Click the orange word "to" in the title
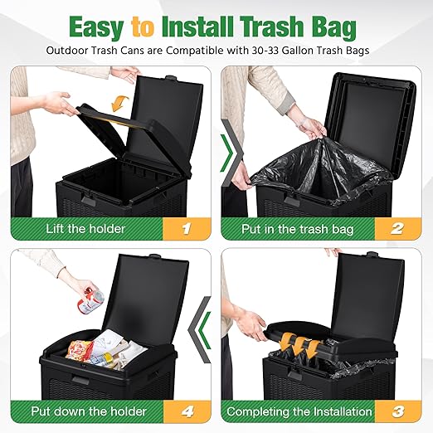click(x=143, y=27)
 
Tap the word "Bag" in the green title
click(x=333, y=27)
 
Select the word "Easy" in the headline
click(x=96, y=28)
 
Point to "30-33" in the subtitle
click(x=265, y=51)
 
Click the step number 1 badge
click(x=187, y=229)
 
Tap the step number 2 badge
click(x=397, y=229)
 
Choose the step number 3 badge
click(x=398, y=411)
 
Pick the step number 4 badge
click(x=187, y=411)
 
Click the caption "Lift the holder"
click(x=85, y=229)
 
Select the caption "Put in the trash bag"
click(x=298, y=229)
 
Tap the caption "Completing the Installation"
click(x=299, y=411)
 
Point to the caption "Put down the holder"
click(x=89, y=411)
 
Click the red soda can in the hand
click(x=90, y=301)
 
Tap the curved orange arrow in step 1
click(x=119, y=103)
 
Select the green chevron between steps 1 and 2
click(x=228, y=153)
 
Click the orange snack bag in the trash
click(x=79, y=350)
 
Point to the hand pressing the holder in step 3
click(x=251, y=324)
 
